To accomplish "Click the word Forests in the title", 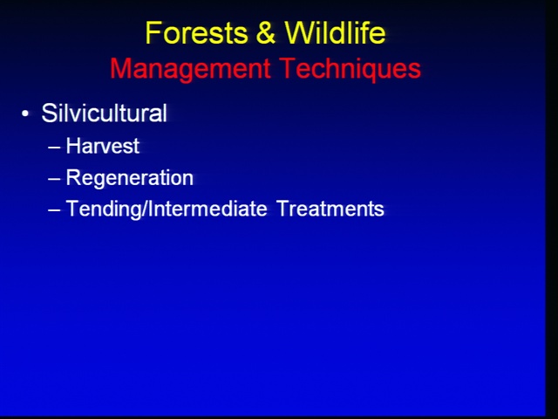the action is click(196, 33).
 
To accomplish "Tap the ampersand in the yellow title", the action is click(265, 33).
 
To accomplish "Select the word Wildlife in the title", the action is click(335, 32).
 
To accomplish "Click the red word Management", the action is click(190, 69).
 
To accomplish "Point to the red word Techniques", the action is click(350, 68).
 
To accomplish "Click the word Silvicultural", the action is click(105, 113).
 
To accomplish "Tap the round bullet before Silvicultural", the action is click(25, 114).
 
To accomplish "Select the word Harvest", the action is click(103, 146).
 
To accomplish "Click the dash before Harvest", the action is click(54, 147).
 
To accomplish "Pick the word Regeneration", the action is click(130, 177).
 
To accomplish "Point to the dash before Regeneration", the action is click(54, 178).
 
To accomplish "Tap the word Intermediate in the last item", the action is click(208, 208).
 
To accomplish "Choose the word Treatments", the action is click(330, 209).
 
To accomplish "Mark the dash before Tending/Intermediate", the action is click(54, 209).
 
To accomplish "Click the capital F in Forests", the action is click(153, 33).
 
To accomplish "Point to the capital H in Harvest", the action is click(73, 146).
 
